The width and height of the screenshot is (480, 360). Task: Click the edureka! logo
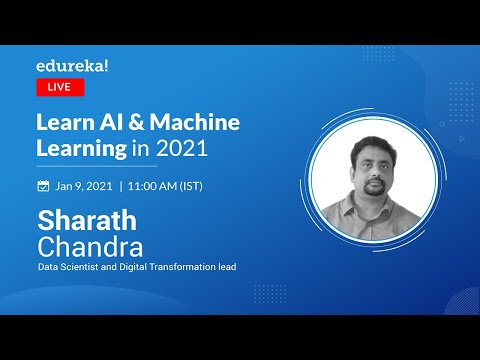(74, 65)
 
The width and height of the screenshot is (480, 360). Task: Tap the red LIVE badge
(60, 87)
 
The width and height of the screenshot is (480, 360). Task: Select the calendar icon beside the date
(43, 186)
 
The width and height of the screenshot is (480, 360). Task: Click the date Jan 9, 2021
(83, 186)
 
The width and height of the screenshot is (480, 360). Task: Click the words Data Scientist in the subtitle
(69, 266)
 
